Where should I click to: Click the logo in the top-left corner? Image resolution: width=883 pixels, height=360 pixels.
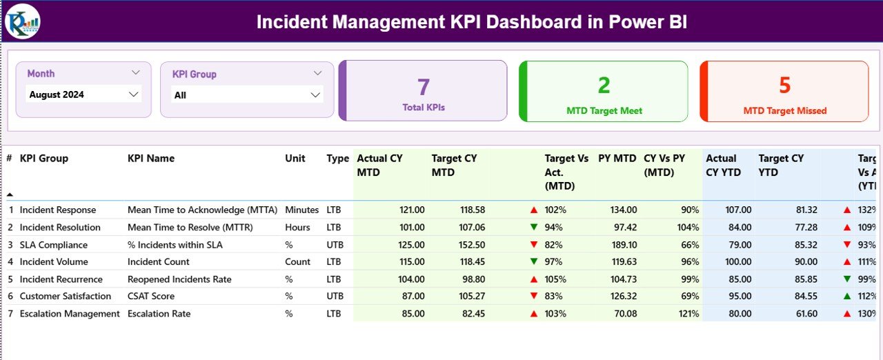click(22, 21)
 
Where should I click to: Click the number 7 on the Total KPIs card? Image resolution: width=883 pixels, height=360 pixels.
click(423, 87)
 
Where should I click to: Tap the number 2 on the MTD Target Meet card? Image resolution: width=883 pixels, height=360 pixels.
click(604, 85)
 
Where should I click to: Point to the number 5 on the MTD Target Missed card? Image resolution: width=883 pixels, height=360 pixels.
click(784, 85)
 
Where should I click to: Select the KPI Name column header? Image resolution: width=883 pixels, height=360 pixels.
click(151, 159)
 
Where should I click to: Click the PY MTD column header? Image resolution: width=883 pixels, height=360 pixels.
click(617, 159)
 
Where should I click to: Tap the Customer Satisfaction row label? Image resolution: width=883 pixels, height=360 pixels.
click(65, 297)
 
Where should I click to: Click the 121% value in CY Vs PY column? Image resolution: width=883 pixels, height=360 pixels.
click(688, 314)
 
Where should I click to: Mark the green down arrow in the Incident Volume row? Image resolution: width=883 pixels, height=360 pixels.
click(533, 262)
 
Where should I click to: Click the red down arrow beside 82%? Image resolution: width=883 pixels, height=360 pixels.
click(533, 245)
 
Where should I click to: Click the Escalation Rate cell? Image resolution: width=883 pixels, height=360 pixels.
click(159, 314)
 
